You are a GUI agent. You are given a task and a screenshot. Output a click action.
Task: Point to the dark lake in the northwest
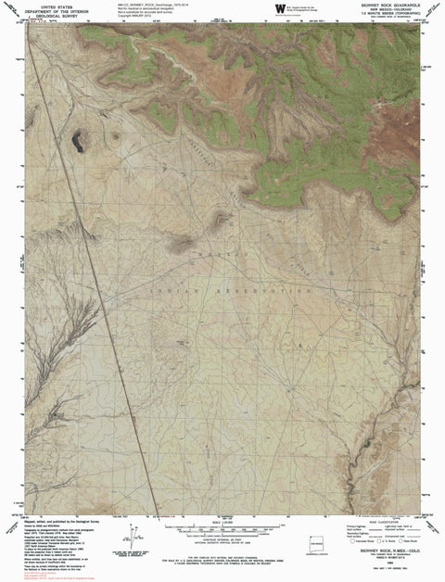[78, 141]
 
